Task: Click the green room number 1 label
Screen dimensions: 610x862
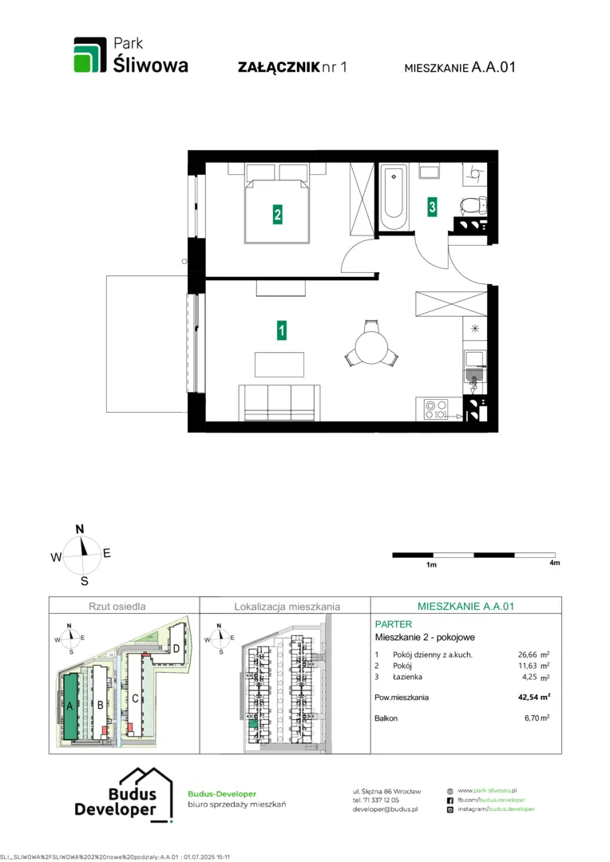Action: pos(281,330)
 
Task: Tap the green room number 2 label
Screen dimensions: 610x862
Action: pos(277,214)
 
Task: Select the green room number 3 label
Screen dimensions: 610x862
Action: pos(432,207)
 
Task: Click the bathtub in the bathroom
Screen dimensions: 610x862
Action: pos(394,198)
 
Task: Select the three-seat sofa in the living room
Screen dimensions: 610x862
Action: pos(279,402)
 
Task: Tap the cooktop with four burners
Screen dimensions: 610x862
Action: pos(436,409)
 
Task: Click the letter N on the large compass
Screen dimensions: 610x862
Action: pos(80,529)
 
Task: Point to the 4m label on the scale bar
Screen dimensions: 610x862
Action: pos(554,563)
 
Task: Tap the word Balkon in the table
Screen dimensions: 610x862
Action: pos(386,718)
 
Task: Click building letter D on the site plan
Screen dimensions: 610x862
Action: pos(176,649)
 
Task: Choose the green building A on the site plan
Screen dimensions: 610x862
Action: pos(70,706)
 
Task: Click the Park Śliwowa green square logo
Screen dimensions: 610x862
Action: pos(90,55)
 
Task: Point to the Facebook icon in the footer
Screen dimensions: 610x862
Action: pos(450,801)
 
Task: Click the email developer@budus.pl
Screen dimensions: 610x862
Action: pos(385,809)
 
